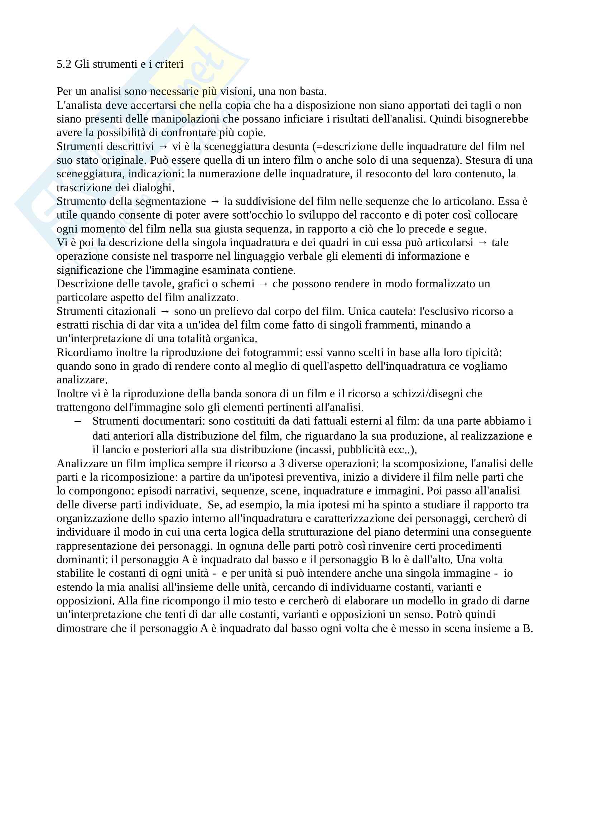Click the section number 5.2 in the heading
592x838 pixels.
[x=64, y=64]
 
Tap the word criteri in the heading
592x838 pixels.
[x=169, y=64]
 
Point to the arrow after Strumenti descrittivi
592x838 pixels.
[x=163, y=147]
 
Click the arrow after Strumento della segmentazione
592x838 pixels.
[x=215, y=201]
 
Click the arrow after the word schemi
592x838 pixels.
[x=263, y=284]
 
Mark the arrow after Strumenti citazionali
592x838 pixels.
[x=165, y=311]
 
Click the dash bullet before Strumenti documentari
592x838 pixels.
[x=78, y=421]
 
